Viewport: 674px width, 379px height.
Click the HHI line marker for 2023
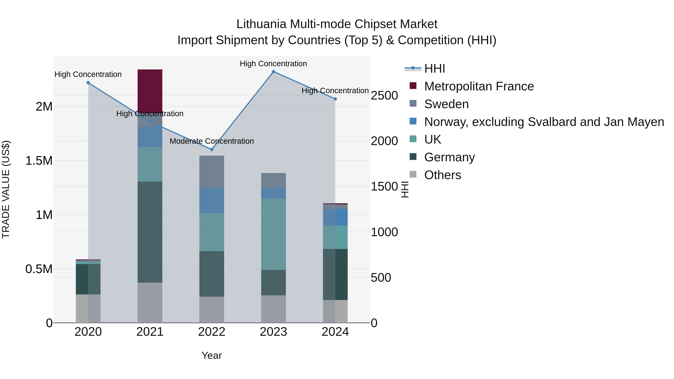273,72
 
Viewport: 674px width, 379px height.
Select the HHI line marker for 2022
212,150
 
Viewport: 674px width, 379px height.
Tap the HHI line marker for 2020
88,83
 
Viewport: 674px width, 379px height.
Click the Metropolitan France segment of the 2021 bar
150,90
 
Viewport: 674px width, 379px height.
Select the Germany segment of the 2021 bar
150,232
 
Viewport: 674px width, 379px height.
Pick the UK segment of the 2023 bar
273,234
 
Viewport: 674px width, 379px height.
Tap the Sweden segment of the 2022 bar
212,172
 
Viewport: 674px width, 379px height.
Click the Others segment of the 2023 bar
273,309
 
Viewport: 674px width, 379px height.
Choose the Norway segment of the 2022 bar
212,200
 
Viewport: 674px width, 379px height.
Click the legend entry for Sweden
446,104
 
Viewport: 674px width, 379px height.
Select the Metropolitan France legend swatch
413,86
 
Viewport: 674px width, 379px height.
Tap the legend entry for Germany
449,157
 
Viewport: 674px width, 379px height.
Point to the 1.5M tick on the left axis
39,161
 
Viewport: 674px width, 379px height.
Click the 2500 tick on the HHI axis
384,95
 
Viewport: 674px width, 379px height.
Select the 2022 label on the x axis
212,332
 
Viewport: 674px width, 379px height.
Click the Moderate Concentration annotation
212,141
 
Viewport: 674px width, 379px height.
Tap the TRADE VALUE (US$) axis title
6,189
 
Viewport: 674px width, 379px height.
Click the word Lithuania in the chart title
262,24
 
